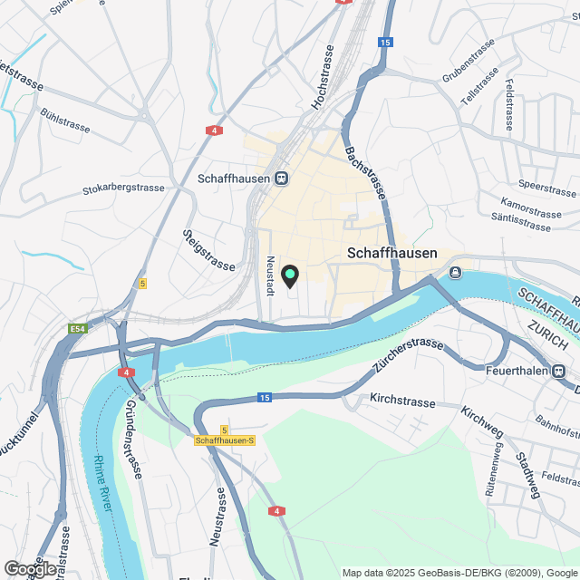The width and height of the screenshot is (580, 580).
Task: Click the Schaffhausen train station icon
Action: (283, 179)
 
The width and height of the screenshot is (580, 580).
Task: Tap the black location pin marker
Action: (290, 275)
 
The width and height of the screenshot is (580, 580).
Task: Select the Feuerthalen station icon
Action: (560, 370)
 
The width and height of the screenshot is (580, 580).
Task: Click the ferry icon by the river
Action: (455, 272)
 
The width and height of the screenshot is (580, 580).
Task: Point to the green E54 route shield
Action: (79, 328)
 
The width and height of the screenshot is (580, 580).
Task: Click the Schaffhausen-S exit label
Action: (225, 440)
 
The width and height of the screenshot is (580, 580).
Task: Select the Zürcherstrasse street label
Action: (407, 356)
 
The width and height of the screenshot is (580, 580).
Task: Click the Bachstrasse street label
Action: (365, 172)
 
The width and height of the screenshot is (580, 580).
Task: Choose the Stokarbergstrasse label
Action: (123, 188)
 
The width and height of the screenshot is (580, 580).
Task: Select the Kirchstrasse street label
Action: (404, 399)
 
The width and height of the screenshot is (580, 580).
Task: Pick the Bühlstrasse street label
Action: (64, 121)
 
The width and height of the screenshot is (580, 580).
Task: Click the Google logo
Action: (29, 569)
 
